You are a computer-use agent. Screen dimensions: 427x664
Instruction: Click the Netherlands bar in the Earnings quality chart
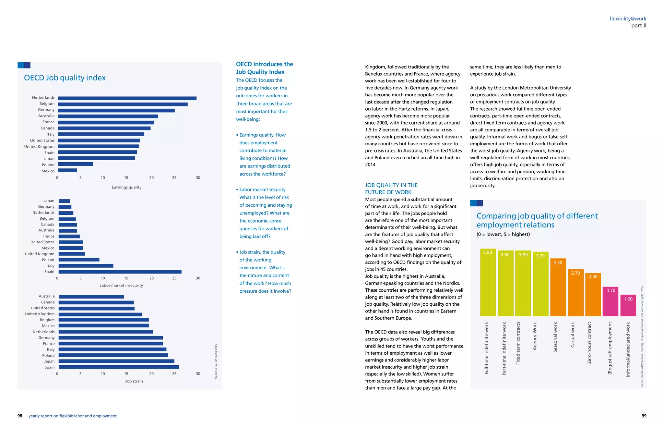pyautogui.click(x=127, y=98)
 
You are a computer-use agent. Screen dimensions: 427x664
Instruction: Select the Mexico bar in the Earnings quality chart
pyautogui.click(x=67, y=170)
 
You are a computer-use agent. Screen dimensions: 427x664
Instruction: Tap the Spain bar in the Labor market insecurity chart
pyautogui.click(x=120, y=272)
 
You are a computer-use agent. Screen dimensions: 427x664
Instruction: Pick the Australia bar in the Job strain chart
pyautogui.click(x=91, y=297)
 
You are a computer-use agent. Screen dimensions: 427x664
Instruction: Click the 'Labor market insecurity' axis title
pyautogui.click(x=121, y=286)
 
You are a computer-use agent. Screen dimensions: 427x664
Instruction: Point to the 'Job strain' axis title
pyautogui.click(x=134, y=381)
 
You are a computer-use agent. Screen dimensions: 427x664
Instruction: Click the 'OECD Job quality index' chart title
pyautogui.click(x=65, y=78)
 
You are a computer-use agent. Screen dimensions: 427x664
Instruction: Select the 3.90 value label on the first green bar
pyautogui.click(x=487, y=252)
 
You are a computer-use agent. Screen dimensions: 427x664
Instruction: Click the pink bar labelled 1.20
pyautogui.click(x=628, y=308)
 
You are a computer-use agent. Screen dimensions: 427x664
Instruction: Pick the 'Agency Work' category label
pyautogui.click(x=535, y=336)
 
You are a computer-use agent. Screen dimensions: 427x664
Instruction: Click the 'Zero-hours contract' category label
pyautogui.click(x=589, y=343)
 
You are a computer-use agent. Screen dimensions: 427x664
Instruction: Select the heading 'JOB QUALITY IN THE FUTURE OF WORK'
pyautogui.click(x=391, y=189)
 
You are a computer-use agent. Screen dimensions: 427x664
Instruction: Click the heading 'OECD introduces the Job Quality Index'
pyautogui.click(x=264, y=68)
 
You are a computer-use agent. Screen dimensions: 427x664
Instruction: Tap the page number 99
pyautogui.click(x=644, y=416)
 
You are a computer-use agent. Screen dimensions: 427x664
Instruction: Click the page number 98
pyautogui.click(x=20, y=416)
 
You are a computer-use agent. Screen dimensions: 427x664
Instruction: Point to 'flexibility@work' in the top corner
pyautogui.click(x=628, y=19)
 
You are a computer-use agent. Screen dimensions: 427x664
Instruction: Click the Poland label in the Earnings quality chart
pyautogui.click(x=48, y=165)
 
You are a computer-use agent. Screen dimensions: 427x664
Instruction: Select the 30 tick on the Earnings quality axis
pyautogui.click(x=198, y=178)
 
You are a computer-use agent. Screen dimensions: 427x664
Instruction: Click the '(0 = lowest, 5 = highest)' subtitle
pyautogui.click(x=503, y=234)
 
